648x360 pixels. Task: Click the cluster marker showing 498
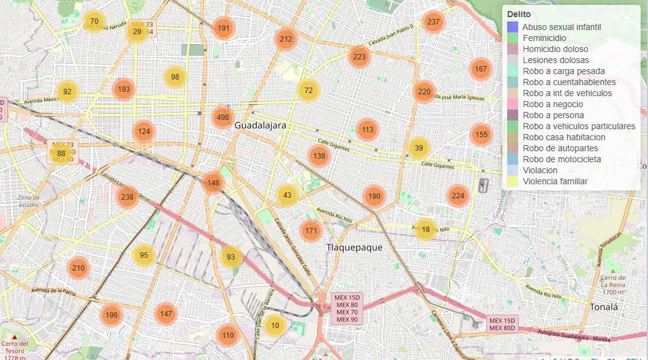coord(223,118)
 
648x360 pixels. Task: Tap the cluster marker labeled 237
coord(433,22)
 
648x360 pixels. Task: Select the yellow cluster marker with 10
coord(275,325)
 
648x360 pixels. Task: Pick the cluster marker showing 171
coord(311,231)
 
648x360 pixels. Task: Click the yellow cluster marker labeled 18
coord(426,229)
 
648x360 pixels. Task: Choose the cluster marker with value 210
coord(78,268)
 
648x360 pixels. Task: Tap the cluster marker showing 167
coord(481,69)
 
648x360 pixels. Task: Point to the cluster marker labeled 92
coord(67,92)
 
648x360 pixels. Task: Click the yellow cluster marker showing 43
coord(287,195)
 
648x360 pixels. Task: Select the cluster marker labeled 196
coord(111,315)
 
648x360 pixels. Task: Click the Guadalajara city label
coord(260,125)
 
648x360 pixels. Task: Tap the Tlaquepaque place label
coord(354,247)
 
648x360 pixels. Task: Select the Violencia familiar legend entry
coord(555,181)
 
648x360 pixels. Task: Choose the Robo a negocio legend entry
coord(552,104)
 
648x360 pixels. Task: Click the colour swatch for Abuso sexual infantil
coord(513,27)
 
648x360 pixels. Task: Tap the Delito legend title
coord(519,14)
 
